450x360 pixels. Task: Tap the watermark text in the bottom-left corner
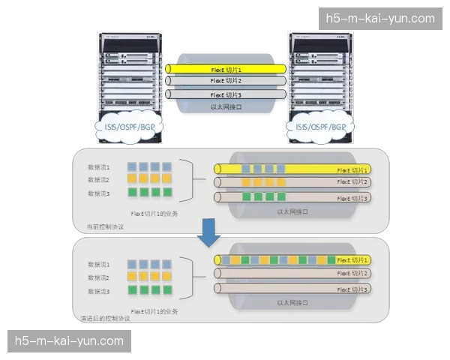pyautogui.click(x=69, y=341)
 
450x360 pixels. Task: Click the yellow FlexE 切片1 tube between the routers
pyautogui.click(x=226, y=69)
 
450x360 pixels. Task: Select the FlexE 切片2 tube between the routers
pyautogui.click(x=226, y=81)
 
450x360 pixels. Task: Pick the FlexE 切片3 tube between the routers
pyautogui.click(x=226, y=94)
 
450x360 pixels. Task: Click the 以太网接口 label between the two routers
pyautogui.click(x=226, y=107)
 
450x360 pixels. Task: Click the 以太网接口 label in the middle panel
pyautogui.click(x=293, y=212)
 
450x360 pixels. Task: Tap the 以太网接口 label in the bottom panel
pyautogui.click(x=293, y=302)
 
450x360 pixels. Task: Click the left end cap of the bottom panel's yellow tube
pyautogui.click(x=218, y=259)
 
